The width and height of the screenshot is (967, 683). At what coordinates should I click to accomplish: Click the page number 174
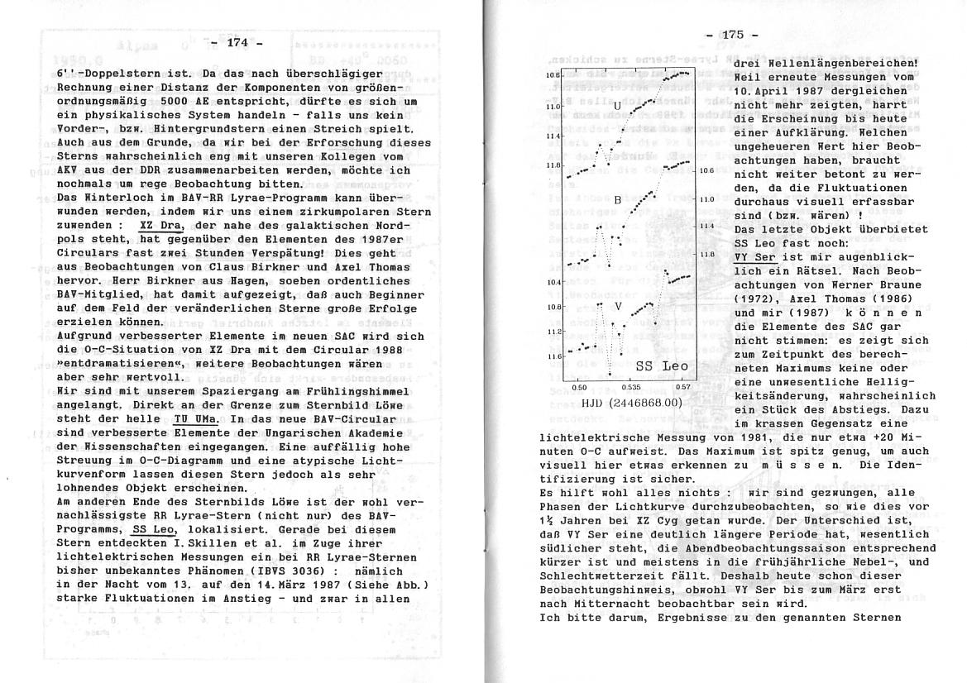[237, 42]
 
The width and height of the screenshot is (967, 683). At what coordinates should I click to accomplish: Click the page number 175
[733, 35]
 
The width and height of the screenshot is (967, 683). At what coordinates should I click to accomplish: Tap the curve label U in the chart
[616, 106]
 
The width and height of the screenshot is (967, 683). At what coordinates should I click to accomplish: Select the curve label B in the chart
[617, 200]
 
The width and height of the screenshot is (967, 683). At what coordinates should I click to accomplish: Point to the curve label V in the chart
[618, 306]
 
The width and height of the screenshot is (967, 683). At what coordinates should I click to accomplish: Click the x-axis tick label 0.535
[631, 387]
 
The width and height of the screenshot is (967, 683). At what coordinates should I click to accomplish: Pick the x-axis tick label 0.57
[683, 387]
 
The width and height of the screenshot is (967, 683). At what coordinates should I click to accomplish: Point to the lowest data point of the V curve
[609, 375]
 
